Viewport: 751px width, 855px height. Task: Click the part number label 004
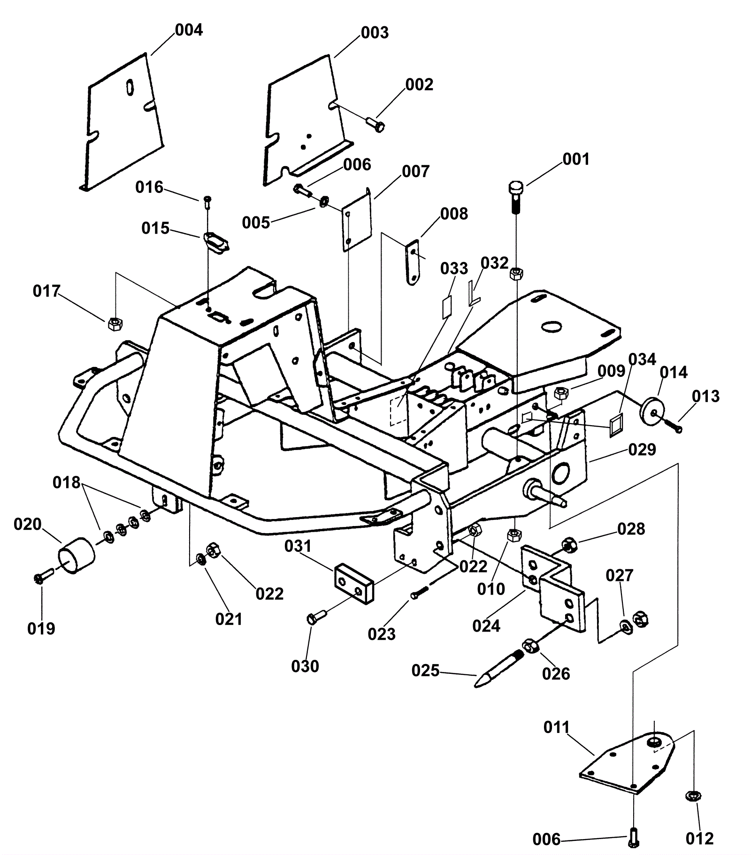pos(189,30)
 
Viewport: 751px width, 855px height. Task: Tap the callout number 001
pos(575,159)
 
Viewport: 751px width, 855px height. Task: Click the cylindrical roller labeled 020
pos(76,555)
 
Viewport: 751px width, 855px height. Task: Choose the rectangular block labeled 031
pos(353,582)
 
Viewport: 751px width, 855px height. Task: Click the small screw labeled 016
pos(208,201)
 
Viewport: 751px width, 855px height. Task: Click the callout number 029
pos(642,449)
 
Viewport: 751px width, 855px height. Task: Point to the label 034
pos(642,359)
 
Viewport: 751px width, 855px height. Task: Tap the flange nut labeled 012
pos(694,796)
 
